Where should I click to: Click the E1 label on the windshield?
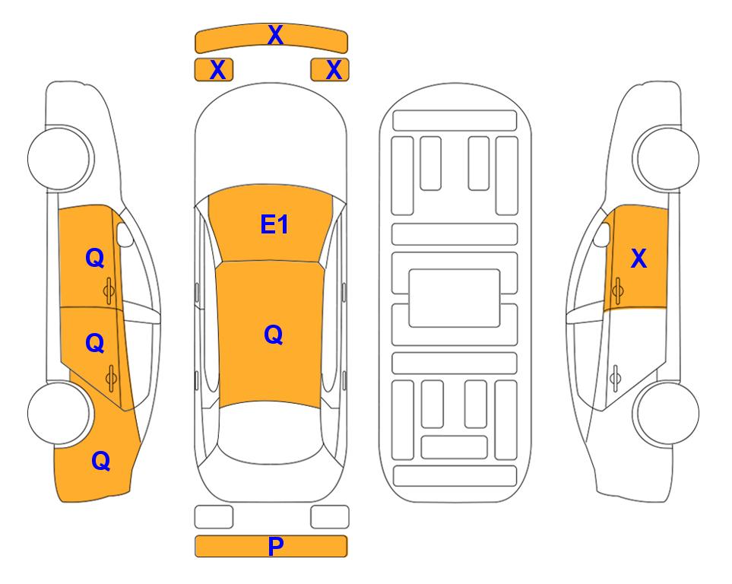pyautogui.click(x=274, y=224)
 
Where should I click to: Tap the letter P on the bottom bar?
pyautogui.click(x=275, y=546)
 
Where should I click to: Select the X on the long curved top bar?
pyautogui.click(x=275, y=35)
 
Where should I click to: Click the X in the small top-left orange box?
pyautogui.click(x=217, y=70)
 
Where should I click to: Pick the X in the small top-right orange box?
pyautogui.click(x=334, y=70)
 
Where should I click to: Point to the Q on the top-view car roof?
pyautogui.click(x=274, y=335)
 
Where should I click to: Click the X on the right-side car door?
pyautogui.click(x=639, y=259)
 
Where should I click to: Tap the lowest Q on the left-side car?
pyautogui.click(x=101, y=461)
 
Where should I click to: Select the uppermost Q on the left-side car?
pyautogui.click(x=95, y=258)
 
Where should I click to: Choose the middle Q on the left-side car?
pyautogui.click(x=95, y=344)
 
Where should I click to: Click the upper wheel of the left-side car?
pyautogui.click(x=59, y=158)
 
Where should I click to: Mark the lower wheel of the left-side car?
pyautogui.click(x=59, y=413)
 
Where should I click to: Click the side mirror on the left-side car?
pyautogui.click(x=125, y=234)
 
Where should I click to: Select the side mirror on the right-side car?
pyautogui.click(x=602, y=234)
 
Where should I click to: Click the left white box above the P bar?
pyautogui.click(x=214, y=517)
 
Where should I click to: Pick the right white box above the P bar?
pyautogui.click(x=330, y=517)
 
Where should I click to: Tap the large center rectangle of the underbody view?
pyautogui.click(x=455, y=298)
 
